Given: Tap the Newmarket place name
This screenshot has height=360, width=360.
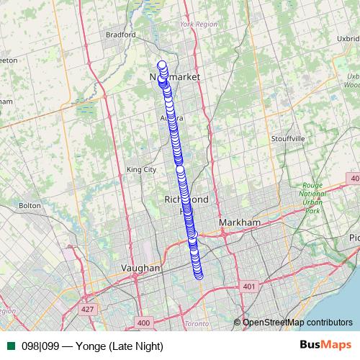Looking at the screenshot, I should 174,76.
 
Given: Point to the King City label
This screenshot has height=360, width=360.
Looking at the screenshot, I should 141,170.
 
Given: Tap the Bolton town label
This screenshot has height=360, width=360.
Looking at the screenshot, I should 30,205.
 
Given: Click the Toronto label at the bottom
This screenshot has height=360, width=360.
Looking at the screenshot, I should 197,324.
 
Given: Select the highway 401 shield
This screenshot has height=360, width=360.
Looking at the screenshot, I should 250,287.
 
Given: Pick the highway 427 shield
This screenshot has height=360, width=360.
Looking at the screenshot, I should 88,309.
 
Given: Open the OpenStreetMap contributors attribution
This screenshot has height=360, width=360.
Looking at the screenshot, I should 297,323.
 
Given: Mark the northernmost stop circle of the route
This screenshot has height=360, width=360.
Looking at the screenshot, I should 162,66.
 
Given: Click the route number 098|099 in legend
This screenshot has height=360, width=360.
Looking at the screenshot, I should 41,346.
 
